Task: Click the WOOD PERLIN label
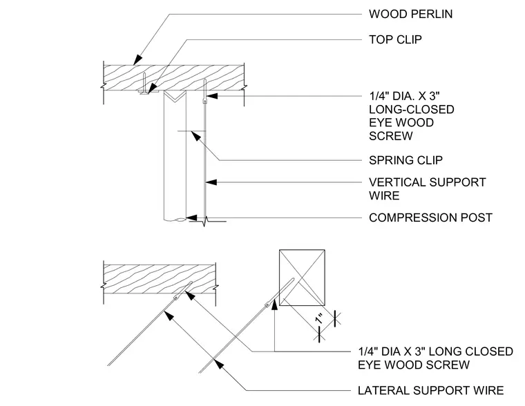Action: point(410,14)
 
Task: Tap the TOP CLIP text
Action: point(395,39)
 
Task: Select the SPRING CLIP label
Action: point(405,160)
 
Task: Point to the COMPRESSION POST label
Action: point(430,217)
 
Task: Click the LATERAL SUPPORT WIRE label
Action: point(430,390)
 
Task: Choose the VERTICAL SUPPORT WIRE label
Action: point(427,188)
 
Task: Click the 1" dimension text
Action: point(320,318)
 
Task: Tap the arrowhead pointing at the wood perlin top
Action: point(137,60)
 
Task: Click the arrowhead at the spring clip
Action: point(196,135)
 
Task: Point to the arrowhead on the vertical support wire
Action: point(211,182)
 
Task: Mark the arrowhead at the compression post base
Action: point(192,217)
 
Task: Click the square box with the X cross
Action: point(302,278)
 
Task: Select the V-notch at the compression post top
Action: point(175,96)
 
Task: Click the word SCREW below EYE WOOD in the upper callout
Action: point(391,136)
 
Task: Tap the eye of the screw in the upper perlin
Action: point(204,101)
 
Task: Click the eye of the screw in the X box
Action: point(267,304)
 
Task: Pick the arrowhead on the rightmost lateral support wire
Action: point(219,364)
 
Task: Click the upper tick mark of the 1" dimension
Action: point(336,318)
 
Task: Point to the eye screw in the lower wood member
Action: point(184,291)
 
